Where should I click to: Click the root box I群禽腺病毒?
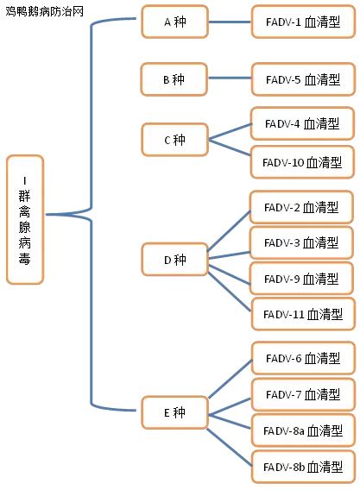point(25,220)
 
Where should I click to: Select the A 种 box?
point(174,22)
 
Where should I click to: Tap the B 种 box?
point(174,79)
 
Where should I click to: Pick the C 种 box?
point(174,140)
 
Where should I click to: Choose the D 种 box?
point(174,260)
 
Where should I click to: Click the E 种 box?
point(174,412)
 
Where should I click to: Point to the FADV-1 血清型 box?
point(303,22)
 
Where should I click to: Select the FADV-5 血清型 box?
point(303,79)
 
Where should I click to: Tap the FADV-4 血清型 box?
point(302,123)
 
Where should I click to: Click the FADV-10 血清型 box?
point(302,162)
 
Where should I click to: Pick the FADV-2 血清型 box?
point(301,207)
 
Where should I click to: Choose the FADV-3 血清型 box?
point(301,242)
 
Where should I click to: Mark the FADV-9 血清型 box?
point(301,279)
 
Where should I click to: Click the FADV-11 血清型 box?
point(303,314)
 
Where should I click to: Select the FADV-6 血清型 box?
point(303,358)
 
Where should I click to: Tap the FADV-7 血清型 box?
point(303,394)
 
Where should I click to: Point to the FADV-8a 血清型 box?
point(303,430)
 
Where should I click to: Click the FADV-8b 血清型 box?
point(303,467)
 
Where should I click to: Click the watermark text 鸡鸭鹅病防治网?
point(45,12)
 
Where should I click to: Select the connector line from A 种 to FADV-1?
point(230,22)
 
